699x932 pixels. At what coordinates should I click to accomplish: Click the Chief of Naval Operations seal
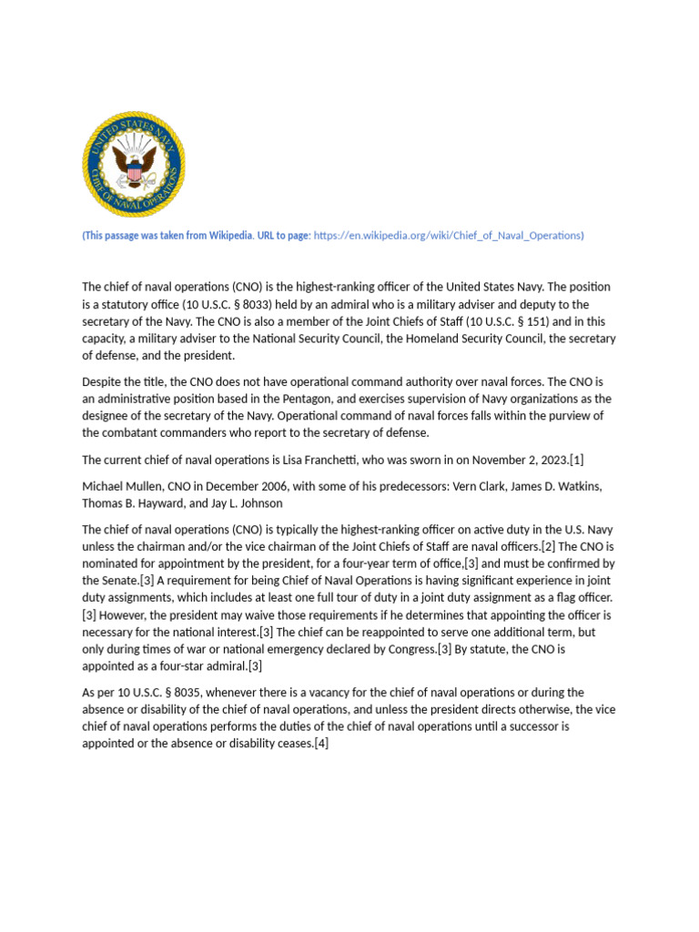[134, 165]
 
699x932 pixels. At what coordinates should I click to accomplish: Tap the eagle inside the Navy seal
[134, 167]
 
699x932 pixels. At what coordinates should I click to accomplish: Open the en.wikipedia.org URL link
[448, 236]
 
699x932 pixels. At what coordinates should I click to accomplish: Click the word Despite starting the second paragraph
[104, 381]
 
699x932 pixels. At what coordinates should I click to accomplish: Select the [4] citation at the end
[320, 745]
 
